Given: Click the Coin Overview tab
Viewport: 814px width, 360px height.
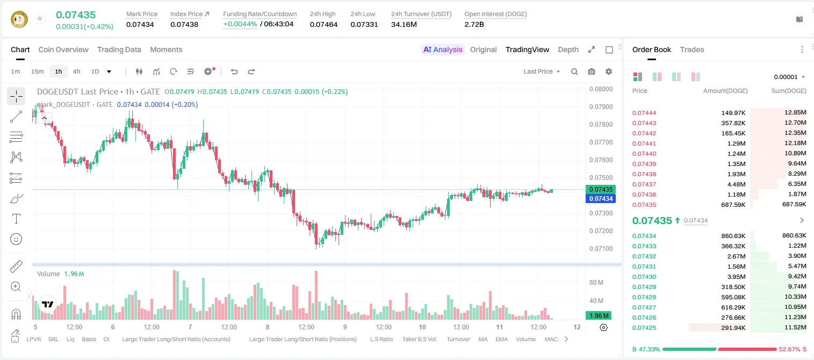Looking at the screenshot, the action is pos(63,49).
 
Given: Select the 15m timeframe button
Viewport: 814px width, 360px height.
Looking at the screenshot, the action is pos(37,71).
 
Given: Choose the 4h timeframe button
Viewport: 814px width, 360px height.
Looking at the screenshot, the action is pos(76,71).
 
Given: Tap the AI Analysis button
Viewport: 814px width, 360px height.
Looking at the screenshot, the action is pos(443,49).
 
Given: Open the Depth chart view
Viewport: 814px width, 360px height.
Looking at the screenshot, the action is pos(568,49).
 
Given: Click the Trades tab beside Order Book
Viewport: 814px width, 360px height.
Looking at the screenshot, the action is pos(692,49).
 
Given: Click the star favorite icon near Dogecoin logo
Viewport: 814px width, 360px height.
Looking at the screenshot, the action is pos(40,18).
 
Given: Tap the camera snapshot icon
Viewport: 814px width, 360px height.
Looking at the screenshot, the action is pos(592,71).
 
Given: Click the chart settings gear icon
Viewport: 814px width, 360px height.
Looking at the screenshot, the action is pos(609,71).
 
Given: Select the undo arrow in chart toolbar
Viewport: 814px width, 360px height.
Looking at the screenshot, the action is pos(234,71).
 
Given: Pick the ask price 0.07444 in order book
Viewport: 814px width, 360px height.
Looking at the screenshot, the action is pos(644,113).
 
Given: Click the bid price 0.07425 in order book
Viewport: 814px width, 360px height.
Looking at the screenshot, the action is pos(644,328).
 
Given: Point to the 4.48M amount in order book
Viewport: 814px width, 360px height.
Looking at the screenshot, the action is pos(736,184).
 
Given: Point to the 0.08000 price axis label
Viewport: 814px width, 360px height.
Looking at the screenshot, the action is pos(601,89).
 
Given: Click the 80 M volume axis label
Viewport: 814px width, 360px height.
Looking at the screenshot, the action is pos(596,282).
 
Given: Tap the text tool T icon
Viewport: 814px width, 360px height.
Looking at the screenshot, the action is pos(16,219).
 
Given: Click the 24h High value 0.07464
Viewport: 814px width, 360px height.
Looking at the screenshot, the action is pos(323,24).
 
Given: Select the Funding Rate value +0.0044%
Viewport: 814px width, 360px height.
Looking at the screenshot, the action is pos(240,24).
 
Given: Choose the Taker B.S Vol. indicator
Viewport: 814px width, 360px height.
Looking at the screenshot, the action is pos(419,339).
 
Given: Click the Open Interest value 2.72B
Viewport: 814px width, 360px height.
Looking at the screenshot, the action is pos(474,24).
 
